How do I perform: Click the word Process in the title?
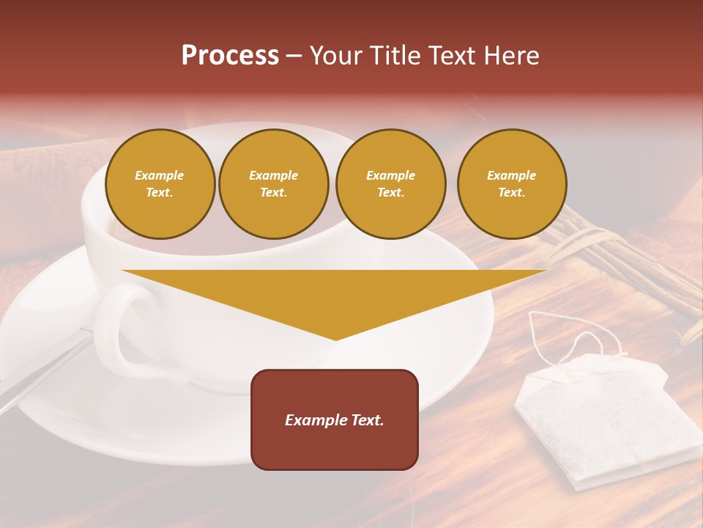coord(230,56)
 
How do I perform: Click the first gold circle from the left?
coord(160,184)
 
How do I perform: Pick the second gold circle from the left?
coord(274,184)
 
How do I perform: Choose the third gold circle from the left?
coord(390,184)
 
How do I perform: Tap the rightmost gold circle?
coord(512,184)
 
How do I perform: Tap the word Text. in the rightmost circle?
coord(512,193)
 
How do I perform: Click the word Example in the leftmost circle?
coord(160,175)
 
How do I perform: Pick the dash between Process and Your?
coord(294,56)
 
